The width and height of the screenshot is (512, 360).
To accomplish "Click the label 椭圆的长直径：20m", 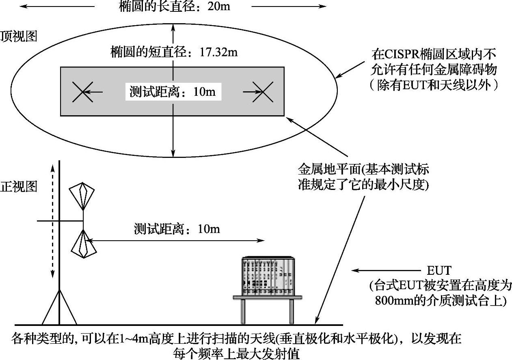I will click(174, 6).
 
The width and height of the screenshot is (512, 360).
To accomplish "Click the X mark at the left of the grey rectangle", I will click(82, 92).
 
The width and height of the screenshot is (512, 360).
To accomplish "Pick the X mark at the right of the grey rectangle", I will click(262, 92).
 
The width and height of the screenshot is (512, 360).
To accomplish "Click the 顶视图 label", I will click(19, 37).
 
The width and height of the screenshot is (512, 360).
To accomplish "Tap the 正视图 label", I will click(19, 187).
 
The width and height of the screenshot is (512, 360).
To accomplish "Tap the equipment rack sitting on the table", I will click(267, 276).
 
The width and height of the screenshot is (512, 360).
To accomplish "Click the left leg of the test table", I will click(243, 312).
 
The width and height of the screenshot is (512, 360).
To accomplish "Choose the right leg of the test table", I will click(291, 312).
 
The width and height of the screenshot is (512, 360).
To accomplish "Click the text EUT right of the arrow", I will click(439, 271).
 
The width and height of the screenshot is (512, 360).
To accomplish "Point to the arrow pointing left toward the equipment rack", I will click(386, 270).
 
